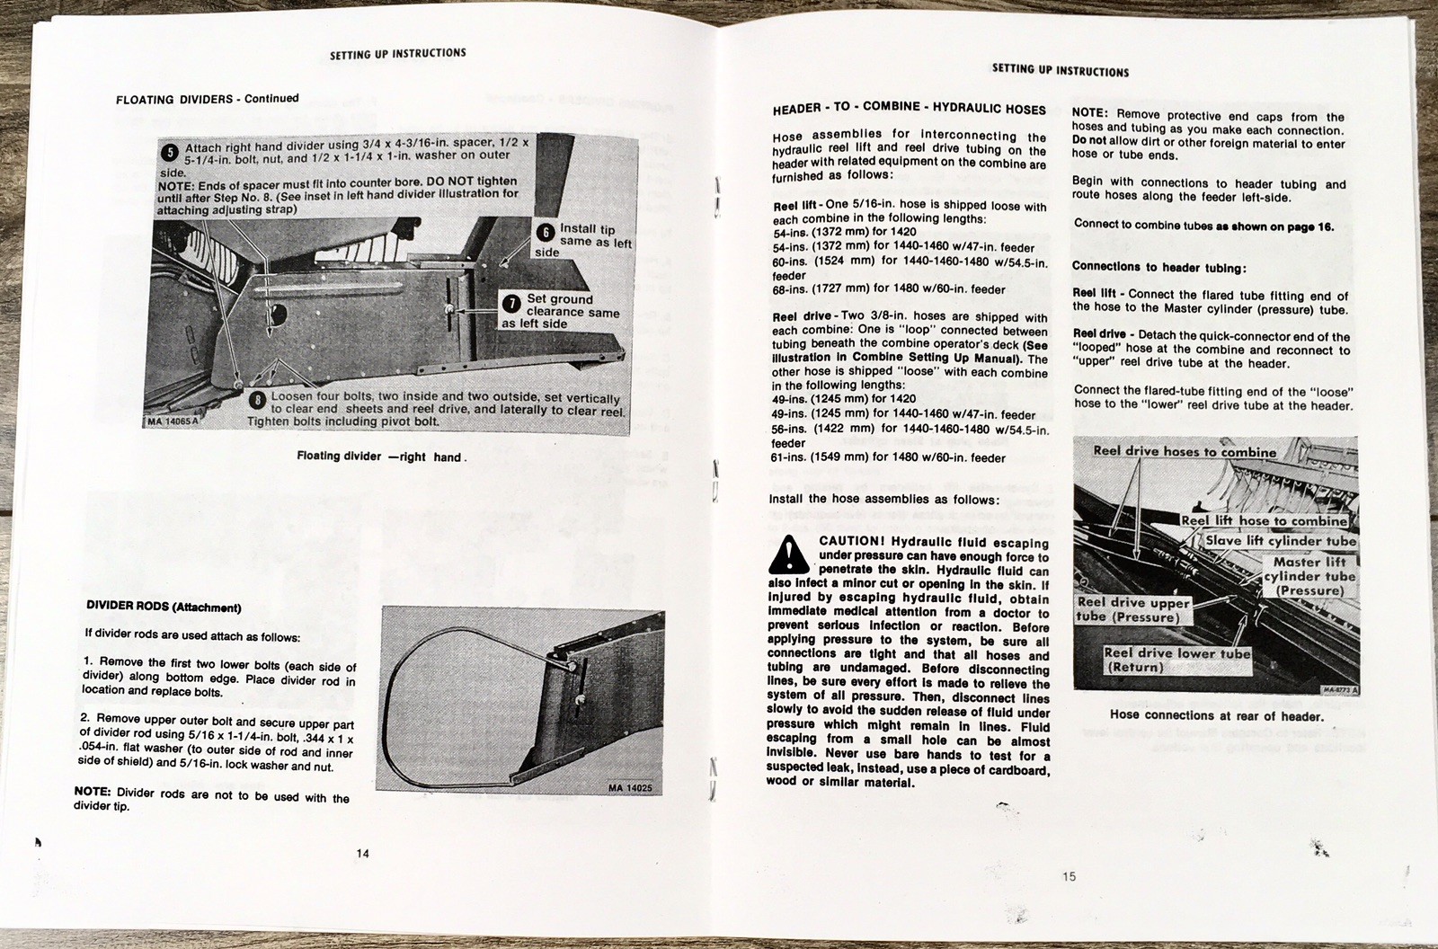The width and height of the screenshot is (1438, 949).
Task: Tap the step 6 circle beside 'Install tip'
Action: tap(545, 233)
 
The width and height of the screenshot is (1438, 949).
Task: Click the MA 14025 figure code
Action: tap(635, 788)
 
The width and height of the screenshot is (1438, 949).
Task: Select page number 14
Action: tap(363, 853)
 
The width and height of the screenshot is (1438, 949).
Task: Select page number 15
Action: tap(1068, 876)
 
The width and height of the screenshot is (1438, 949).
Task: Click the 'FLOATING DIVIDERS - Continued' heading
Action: tap(208, 99)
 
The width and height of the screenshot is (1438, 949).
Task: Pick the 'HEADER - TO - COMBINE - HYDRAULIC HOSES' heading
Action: tap(909, 108)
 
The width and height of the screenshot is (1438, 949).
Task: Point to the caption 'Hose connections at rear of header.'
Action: tap(1216, 716)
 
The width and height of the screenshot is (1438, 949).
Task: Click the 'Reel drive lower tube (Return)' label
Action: tap(1176, 661)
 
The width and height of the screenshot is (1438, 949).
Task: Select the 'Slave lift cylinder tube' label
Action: tap(1280, 541)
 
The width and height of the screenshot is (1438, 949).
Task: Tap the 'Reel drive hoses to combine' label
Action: tap(1184, 451)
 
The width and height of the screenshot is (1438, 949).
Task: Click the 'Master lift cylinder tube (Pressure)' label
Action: tap(1309, 576)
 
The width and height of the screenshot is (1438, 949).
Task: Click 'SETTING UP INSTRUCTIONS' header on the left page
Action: tap(398, 54)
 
